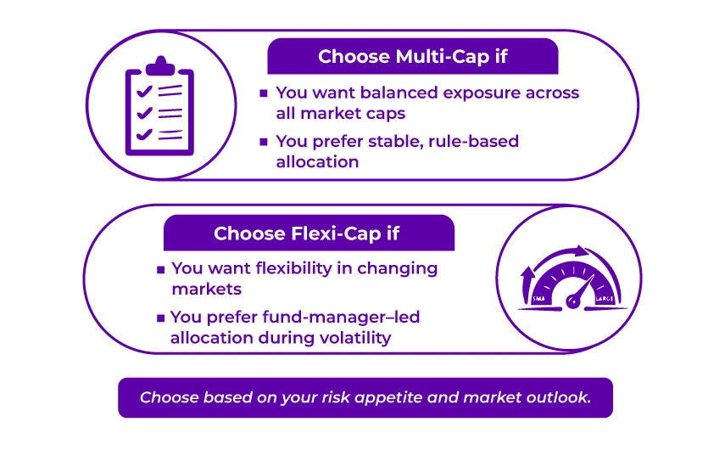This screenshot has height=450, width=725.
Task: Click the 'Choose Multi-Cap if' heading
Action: click(413, 57)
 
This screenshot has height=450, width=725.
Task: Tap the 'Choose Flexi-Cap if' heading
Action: click(306, 233)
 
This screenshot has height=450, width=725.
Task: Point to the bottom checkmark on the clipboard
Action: click(144, 134)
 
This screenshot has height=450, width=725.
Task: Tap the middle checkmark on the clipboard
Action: click(144, 112)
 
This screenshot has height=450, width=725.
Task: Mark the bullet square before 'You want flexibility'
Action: click(160, 269)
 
